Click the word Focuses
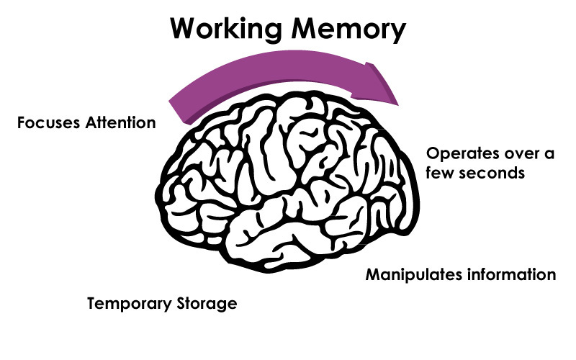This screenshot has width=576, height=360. pos(48,122)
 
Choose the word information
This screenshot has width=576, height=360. pos(511,275)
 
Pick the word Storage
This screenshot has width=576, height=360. pos(205,304)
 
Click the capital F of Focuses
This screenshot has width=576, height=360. pos(21,122)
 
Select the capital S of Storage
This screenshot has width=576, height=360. pos(179,304)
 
